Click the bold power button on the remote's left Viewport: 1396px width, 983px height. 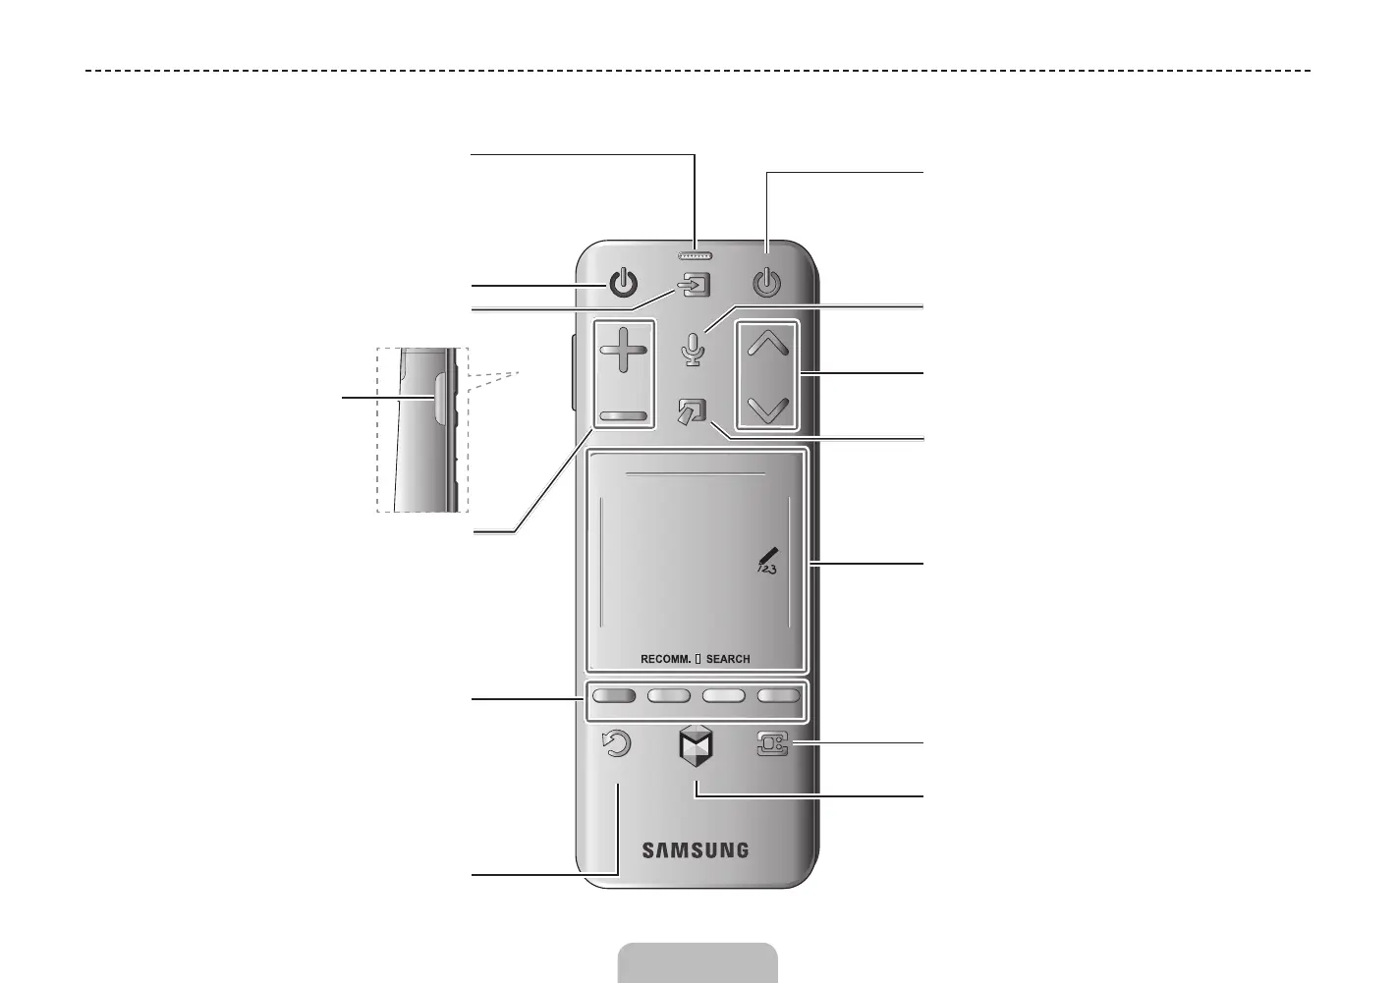pyautogui.click(x=623, y=285)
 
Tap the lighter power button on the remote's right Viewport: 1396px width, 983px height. pyautogui.click(x=766, y=285)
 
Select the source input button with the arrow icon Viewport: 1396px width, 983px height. pyautogui.click(x=695, y=287)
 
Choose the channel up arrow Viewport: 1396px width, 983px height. pyautogui.click(x=768, y=343)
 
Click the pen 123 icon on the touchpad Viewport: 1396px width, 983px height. pyautogui.click(x=766, y=562)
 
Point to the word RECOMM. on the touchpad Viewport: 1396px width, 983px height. pyautogui.click(x=665, y=659)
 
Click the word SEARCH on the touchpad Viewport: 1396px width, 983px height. pyautogui.click(x=728, y=659)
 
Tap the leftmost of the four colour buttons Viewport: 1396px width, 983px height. pyautogui.click(x=613, y=696)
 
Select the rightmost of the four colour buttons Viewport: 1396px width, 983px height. pyautogui.click(x=778, y=696)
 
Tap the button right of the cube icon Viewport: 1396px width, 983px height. pyautogui.click(x=772, y=746)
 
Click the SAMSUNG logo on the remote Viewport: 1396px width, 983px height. pyautogui.click(x=695, y=850)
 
